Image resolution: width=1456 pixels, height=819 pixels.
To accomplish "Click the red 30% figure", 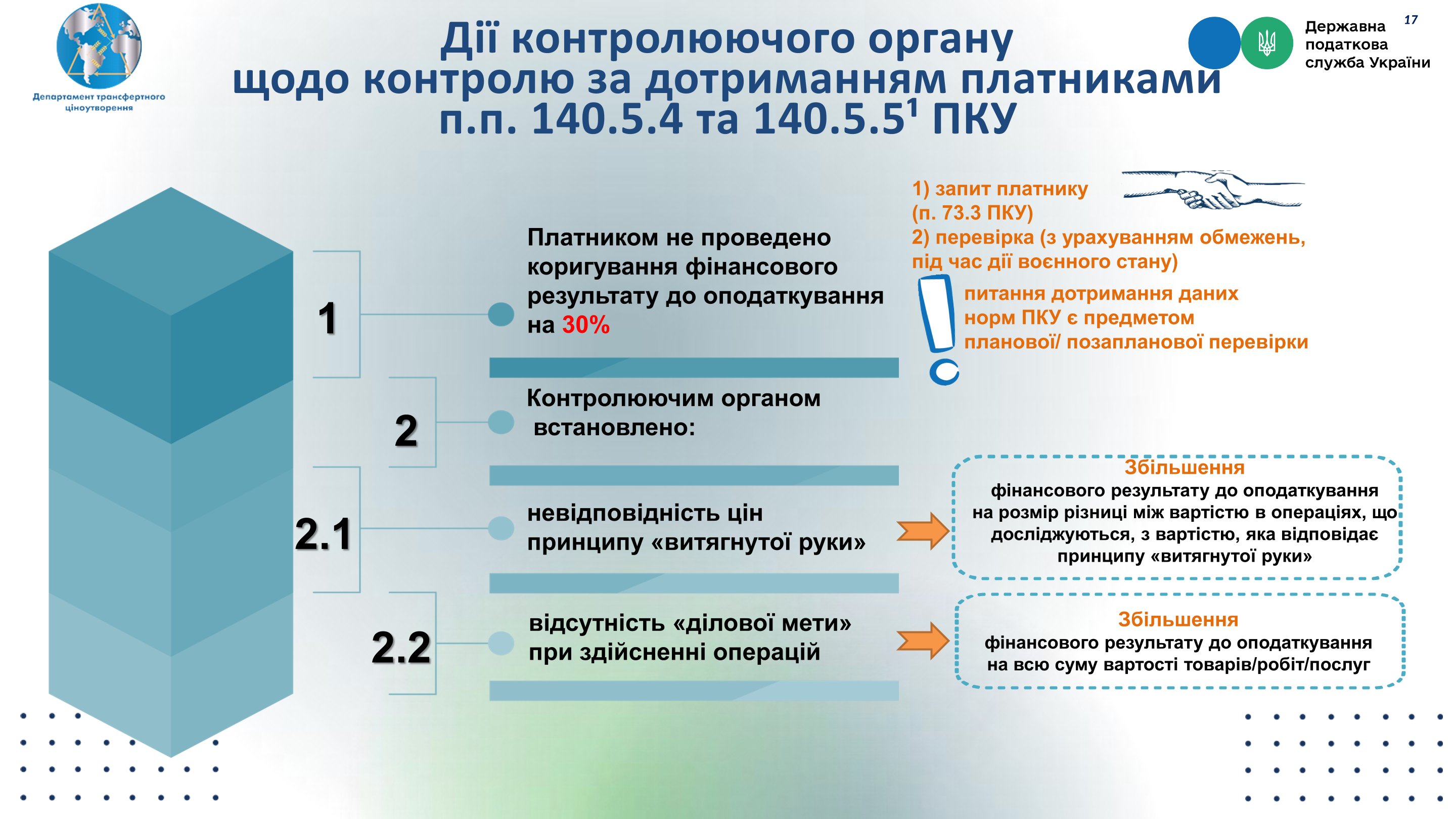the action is tap(585, 325).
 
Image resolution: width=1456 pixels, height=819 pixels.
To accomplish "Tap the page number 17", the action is tap(1411, 20).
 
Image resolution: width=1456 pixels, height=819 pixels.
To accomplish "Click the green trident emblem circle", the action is tap(1266, 43).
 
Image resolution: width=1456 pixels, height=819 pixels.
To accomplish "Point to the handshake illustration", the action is tap(1213, 190).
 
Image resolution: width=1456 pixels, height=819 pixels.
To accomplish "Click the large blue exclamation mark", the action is tap(939, 330).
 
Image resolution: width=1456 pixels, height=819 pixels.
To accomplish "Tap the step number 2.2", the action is tap(401, 647).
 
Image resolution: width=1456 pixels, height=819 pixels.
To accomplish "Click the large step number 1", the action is tap(328, 317).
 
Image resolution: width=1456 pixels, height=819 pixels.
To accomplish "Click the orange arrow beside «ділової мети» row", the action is tap(923, 641).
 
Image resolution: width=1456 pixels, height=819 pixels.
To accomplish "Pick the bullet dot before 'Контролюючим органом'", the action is tap(501, 422).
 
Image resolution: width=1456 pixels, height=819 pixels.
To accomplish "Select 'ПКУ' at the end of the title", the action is tap(973, 119).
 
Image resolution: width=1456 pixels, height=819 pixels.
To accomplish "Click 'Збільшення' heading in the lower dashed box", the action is tap(1178, 619).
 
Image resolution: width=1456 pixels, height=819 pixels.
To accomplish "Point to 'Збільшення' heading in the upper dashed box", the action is tap(1184, 468).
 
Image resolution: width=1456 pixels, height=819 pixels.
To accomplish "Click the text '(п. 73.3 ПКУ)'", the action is tap(972, 212).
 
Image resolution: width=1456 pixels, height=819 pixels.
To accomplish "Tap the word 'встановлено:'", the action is tap(614, 428).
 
